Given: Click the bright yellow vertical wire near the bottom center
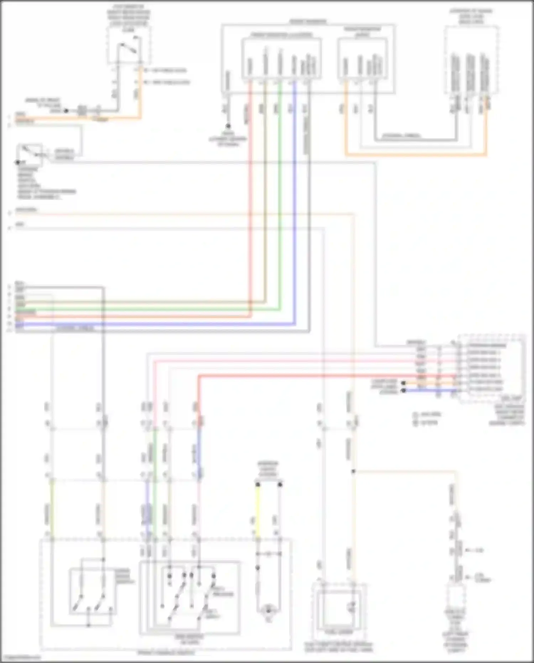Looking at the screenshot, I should [x=258, y=509].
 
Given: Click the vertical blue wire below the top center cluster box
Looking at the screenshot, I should [x=294, y=214].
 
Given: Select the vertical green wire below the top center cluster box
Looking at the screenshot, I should [x=280, y=214].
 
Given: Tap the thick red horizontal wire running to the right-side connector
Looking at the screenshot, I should [x=320, y=375].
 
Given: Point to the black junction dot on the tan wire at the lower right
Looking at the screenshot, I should [x=353, y=471].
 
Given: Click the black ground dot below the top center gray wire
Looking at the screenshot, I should [x=228, y=126].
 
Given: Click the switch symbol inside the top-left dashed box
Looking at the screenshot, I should [x=128, y=48].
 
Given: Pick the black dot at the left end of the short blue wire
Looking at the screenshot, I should [x=403, y=390].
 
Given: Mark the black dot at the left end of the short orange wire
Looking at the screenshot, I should [x=403, y=383].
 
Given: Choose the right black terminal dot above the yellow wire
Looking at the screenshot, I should [x=280, y=485].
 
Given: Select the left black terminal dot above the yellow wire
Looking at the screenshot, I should [x=258, y=485].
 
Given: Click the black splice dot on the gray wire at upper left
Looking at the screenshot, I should [x=66, y=111].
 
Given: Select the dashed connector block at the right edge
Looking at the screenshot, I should [x=491, y=369].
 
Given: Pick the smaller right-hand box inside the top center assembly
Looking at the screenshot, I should [x=362, y=58].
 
